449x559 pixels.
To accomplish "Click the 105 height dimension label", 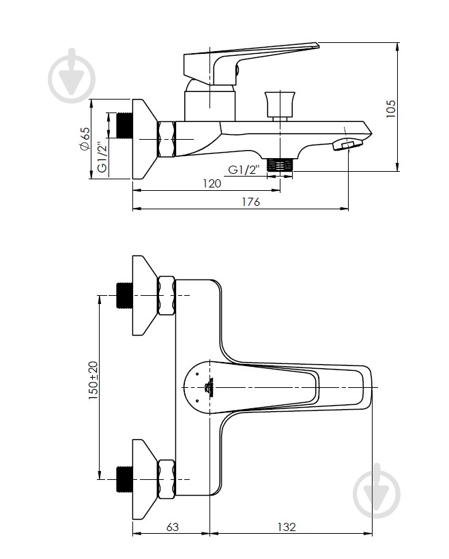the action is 391,109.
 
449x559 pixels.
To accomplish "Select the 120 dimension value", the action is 212,183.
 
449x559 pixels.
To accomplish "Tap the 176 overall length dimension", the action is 251,202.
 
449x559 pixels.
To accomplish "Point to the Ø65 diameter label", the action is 85,138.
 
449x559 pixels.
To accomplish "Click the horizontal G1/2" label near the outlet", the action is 243,170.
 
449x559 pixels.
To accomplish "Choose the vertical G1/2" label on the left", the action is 102,157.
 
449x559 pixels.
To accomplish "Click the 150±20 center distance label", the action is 93,380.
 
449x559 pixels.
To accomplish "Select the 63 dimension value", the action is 173,527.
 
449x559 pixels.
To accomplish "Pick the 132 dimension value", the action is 287,527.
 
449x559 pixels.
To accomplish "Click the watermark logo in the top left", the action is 72,76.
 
